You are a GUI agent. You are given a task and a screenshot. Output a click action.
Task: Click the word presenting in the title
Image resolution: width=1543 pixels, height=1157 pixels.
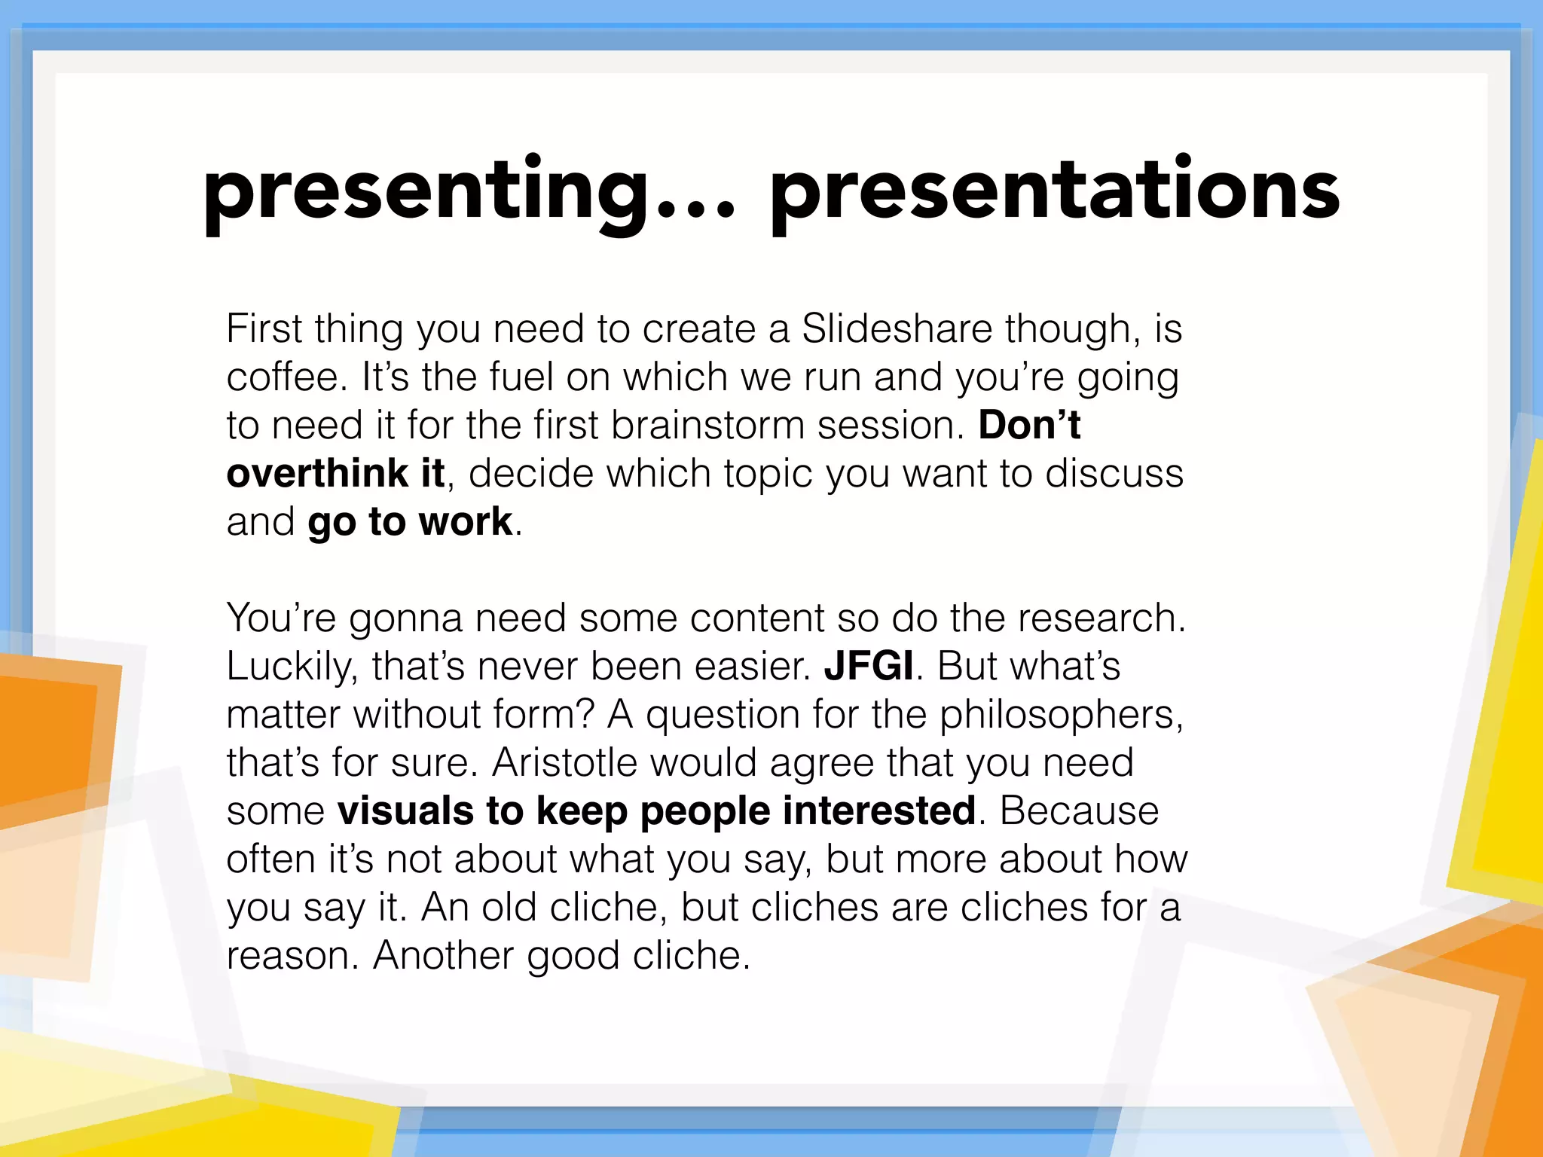click(x=426, y=192)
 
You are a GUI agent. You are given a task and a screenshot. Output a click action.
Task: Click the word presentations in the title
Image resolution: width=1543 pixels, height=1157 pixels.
click(x=1055, y=192)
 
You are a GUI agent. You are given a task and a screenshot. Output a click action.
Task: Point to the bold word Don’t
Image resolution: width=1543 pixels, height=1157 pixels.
click(x=1029, y=425)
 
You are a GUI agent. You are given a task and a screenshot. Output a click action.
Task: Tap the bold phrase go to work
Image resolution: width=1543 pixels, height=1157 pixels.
click(x=410, y=522)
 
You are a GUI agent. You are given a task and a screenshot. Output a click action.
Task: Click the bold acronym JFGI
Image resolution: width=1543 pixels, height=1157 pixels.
click(x=869, y=667)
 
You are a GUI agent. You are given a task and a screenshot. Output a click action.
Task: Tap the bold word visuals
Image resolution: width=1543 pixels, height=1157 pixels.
click(x=405, y=811)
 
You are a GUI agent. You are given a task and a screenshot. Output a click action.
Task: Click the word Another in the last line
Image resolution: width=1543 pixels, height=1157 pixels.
click(x=443, y=956)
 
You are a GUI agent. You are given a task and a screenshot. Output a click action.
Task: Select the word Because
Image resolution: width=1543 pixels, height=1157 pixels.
click(x=1079, y=811)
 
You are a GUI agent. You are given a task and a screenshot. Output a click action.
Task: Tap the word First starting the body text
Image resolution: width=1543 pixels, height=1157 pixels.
click(x=264, y=329)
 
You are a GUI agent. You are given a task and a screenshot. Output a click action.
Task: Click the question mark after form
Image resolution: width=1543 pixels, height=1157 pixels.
click(x=585, y=715)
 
